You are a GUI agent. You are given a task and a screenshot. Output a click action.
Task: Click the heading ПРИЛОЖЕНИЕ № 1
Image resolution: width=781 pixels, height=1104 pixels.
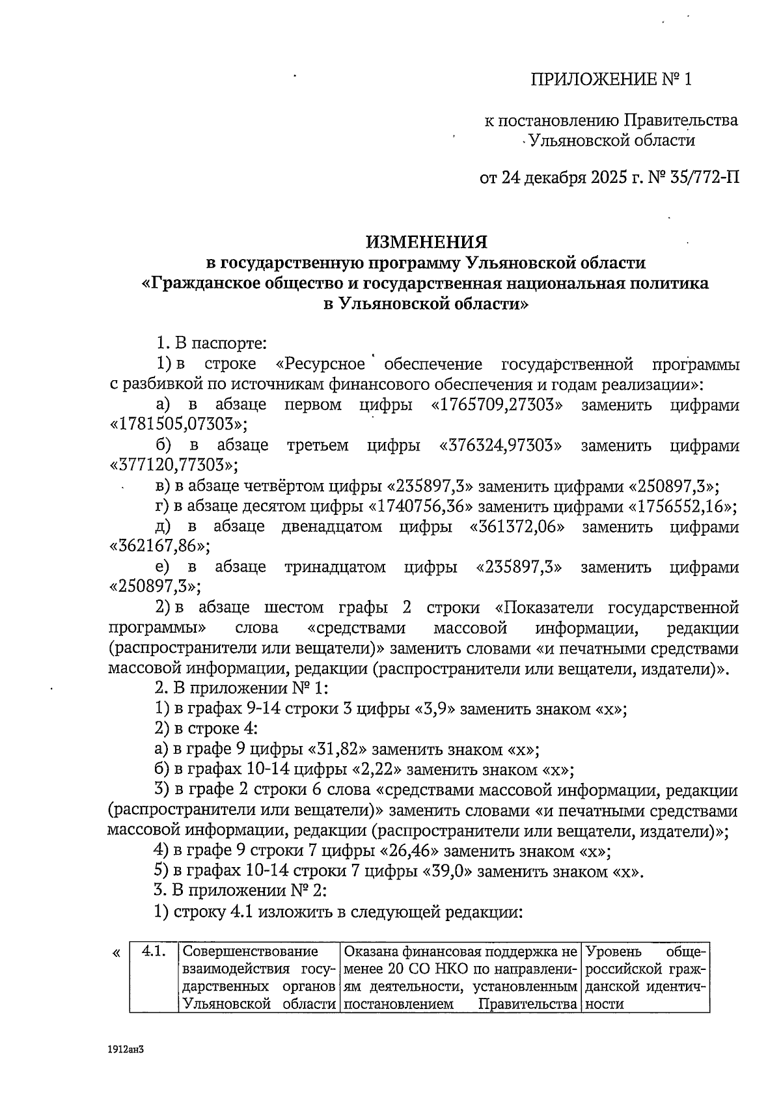(x=610, y=80)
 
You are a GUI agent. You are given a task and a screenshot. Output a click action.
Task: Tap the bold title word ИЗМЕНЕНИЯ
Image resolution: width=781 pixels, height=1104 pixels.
(x=426, y=242)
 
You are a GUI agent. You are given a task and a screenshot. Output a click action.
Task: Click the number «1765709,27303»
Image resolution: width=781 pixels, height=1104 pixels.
(x=497, y=405)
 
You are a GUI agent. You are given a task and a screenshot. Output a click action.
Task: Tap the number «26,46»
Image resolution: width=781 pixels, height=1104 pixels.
(x=408, y=851)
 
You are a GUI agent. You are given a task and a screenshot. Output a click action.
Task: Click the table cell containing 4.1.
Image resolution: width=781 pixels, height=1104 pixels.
(x=152, y=952)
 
